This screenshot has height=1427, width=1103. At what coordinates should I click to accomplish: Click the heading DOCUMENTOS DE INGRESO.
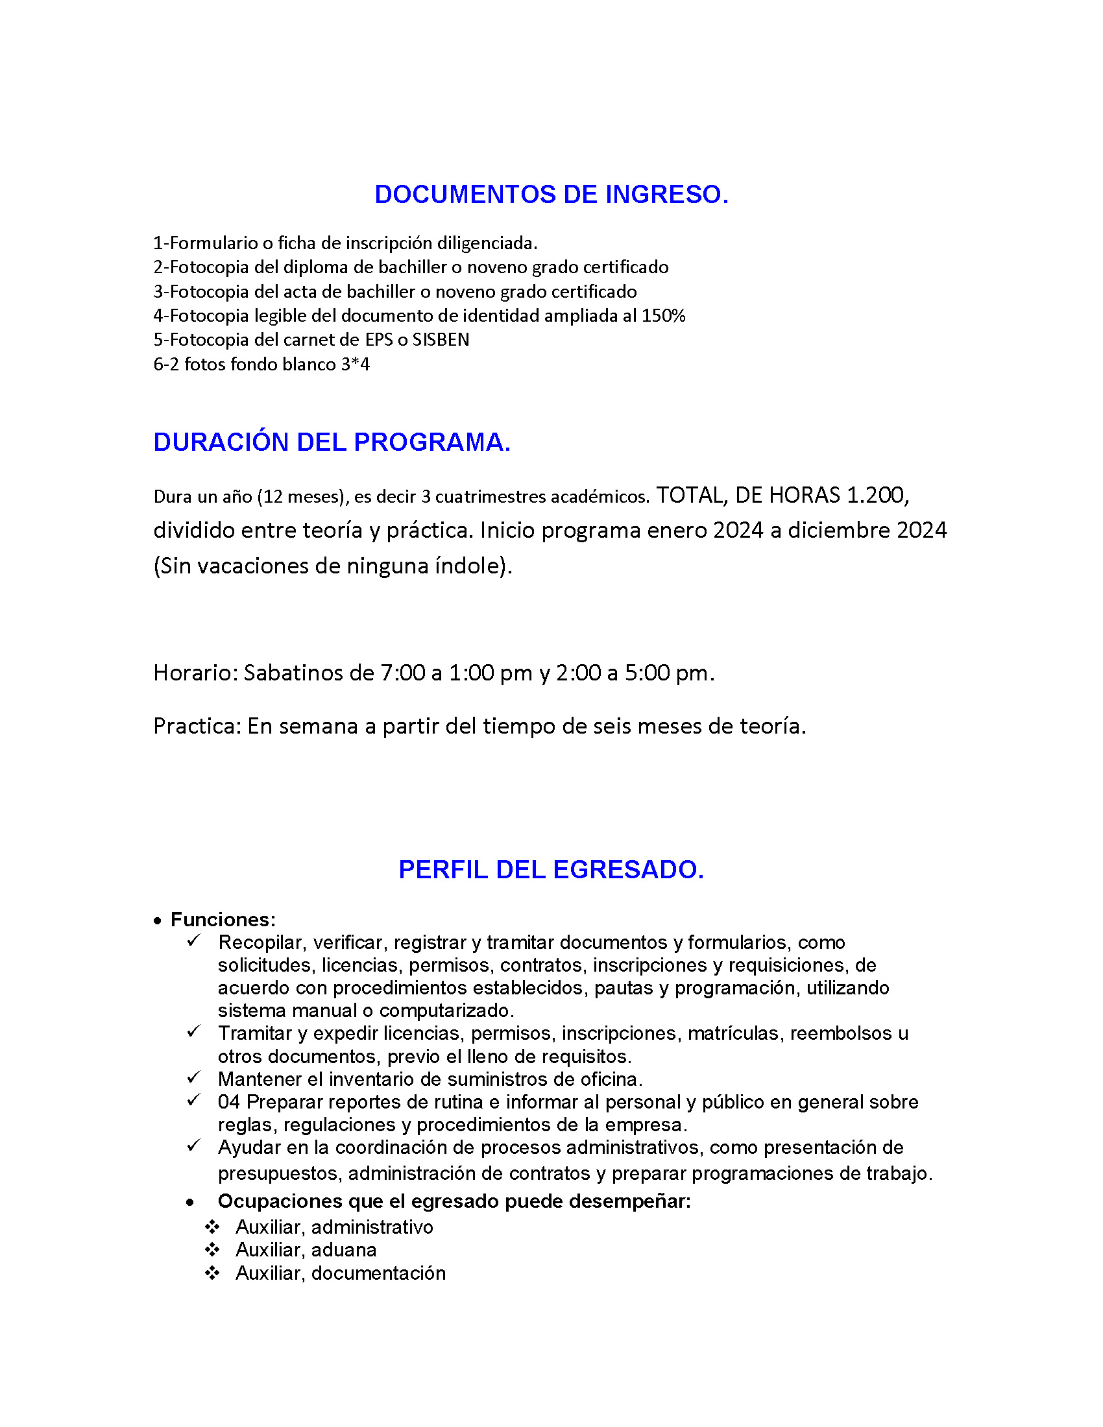[551, 195]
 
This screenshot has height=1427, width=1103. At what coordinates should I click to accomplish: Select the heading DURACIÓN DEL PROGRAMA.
[332, 442]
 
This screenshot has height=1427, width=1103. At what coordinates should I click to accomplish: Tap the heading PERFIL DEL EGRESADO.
[551, 870]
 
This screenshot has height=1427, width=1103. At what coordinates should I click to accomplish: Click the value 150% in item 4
[662, 316]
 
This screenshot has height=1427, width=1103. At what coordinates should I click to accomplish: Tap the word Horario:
[195, 673]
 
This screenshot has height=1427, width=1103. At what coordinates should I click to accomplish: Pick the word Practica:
[197, 726]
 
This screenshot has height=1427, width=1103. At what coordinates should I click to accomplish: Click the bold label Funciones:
[223, 919]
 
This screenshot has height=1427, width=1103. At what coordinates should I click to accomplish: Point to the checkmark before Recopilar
[193, 941]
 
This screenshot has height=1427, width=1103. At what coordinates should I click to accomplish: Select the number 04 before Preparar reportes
[228, 1101]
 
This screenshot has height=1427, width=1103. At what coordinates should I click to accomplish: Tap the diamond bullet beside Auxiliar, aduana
[212, 1250]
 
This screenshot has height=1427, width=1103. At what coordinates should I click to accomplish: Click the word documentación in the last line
[378, 1273]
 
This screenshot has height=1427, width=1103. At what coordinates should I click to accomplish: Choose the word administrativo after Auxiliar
[372, 1227]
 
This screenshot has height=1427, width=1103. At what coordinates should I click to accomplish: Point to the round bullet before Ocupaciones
[190, 1202]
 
